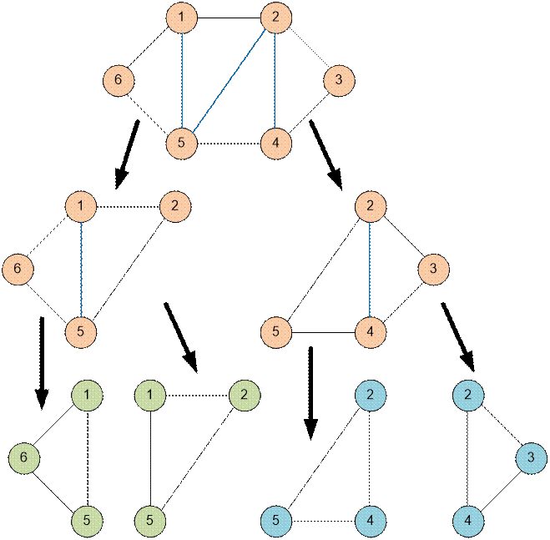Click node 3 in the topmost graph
pos(338,81)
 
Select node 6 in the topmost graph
pos(119,81)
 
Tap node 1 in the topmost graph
pos(181,18)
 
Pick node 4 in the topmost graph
pos(275,143)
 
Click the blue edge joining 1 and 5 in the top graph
pos(181,80)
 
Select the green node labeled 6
pos(24,457)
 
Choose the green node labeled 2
pos(244,393)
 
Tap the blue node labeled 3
pos(530,457)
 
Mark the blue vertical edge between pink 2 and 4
pos(370,269)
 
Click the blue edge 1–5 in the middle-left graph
pos(80,269)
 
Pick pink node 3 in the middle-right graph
pos(433,269)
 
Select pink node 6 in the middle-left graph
pos(17,269)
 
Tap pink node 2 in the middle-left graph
pos(174,205)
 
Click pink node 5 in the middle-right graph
pos(275,331)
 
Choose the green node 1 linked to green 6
pos(88,393)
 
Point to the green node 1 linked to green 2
pos(149,393)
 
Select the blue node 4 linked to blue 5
pos(370,520)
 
